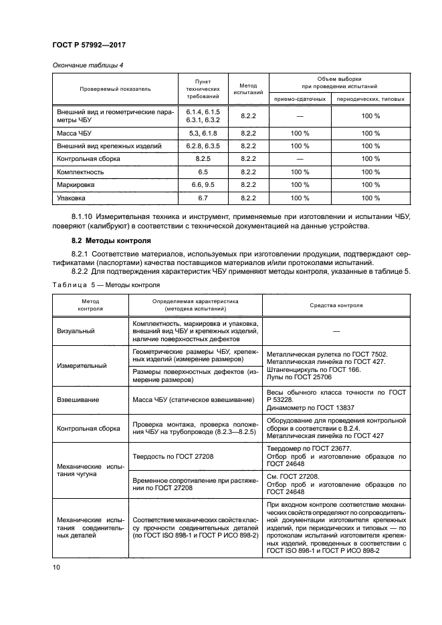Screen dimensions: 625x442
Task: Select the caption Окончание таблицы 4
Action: tap(88, 65)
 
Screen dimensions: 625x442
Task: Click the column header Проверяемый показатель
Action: tap(116, 87)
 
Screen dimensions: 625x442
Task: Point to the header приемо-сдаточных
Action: tap(300, 99)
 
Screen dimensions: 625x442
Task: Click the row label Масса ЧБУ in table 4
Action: tap(74, 134)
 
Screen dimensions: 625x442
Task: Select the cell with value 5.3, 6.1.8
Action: tap(198, 134)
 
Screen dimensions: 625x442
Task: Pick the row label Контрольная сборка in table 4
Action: tap(89, 159)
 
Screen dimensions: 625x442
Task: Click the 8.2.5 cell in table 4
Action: tap(198, 159)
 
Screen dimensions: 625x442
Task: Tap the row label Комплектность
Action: tap(80, 172)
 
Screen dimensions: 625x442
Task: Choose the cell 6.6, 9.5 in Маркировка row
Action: tap(198, 185)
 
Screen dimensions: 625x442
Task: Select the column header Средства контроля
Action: tap(336, 305)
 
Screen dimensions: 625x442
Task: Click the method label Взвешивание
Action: tap(78, 399)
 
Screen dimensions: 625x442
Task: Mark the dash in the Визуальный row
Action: tap(336, 331)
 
